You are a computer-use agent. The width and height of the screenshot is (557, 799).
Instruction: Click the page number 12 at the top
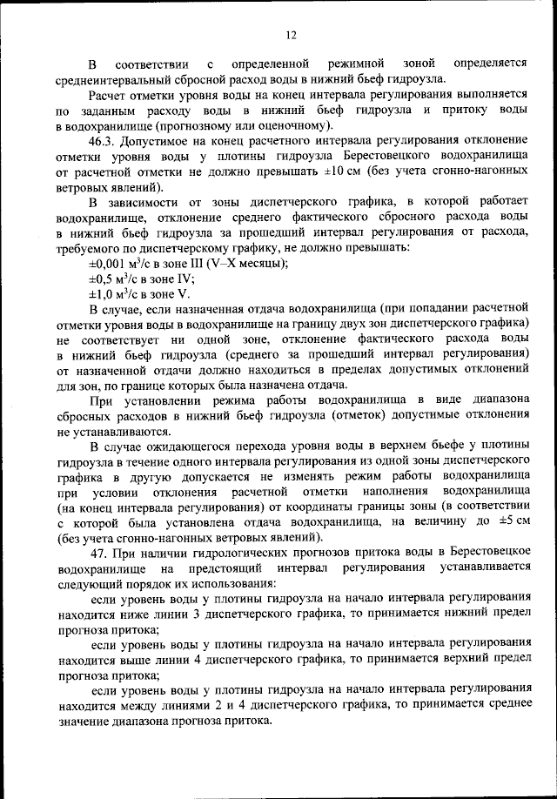click(x=291, y=35)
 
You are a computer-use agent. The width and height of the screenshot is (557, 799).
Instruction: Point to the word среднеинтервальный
click(x=113, y=78)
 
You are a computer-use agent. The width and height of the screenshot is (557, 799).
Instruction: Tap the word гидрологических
click(x=238, y=551)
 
